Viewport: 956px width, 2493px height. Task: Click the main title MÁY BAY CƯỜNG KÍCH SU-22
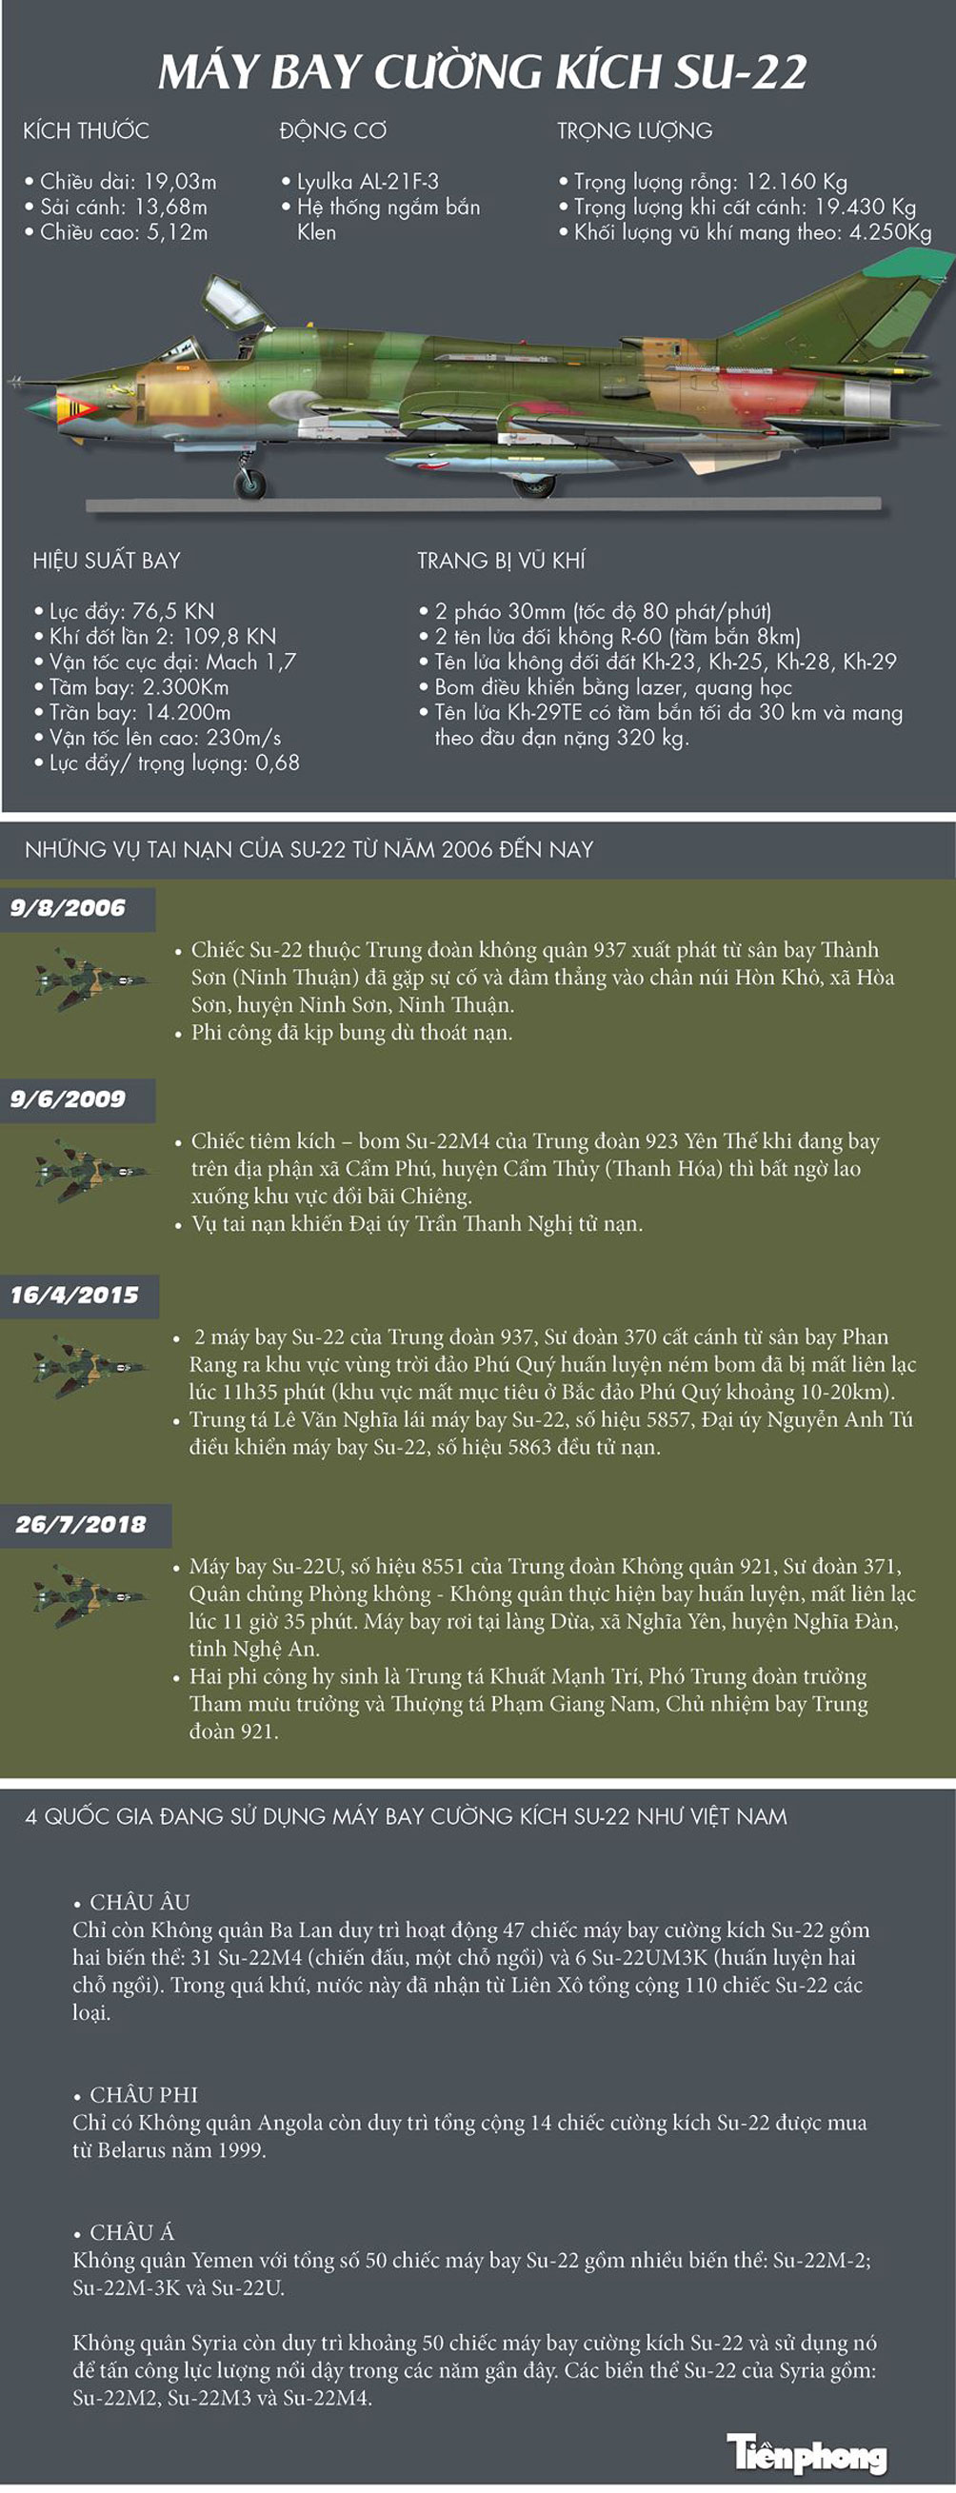click(x=482, y=72)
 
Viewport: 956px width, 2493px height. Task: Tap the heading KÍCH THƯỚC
click(x=86, y=130)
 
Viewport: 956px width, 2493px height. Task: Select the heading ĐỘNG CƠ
click(x=333, y=130)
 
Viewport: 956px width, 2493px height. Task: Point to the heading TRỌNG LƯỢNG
click(x=635, y=130)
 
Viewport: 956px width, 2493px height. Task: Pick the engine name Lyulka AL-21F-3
click(x=368, y=181)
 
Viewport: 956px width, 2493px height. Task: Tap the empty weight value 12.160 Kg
click(x=796, y=181)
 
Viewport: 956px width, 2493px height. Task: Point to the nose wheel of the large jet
click(x=251, y=482)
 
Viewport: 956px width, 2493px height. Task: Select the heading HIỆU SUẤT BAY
click(x=107, y=561)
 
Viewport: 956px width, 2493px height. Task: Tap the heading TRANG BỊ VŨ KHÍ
click(x=501, y=561)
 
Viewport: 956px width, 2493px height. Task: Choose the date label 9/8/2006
click(x=68, y=908)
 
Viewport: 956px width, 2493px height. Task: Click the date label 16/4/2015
click(x=74, y=1295)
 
